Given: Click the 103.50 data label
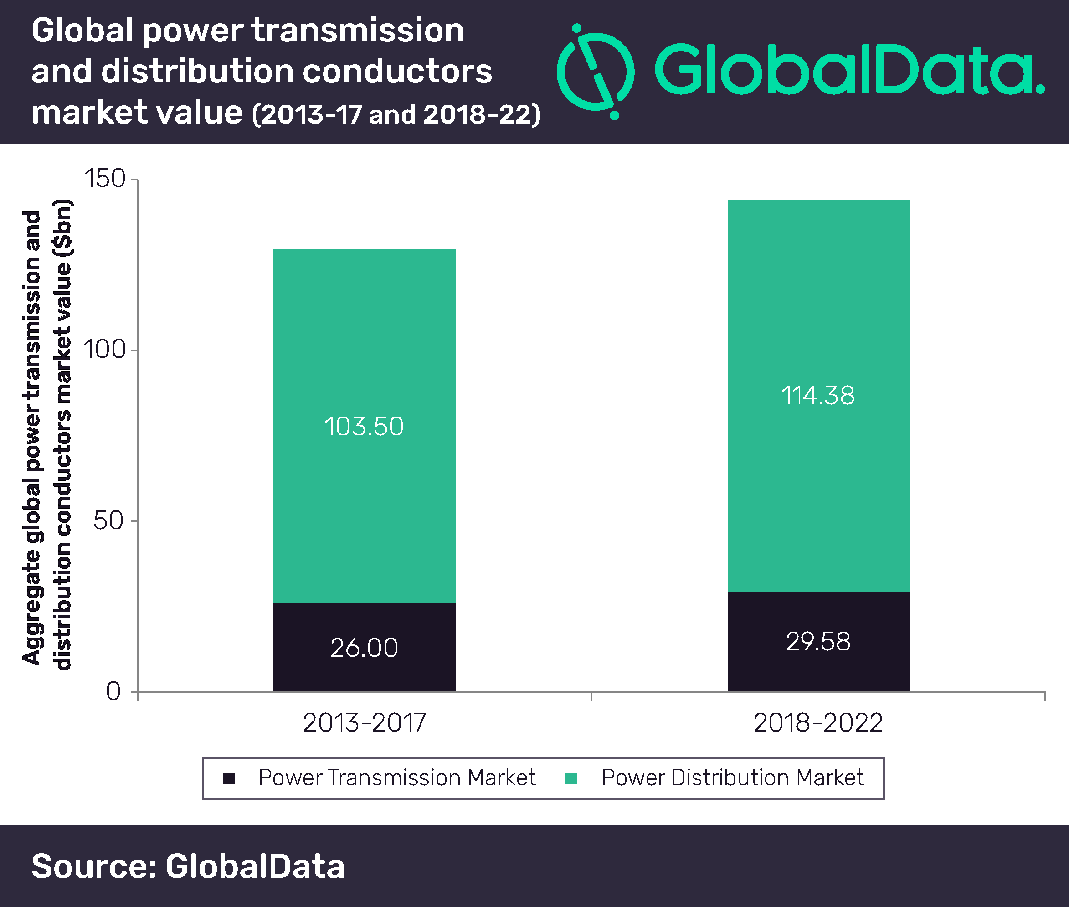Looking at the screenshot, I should point(364,426).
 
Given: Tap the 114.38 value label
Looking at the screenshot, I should point(818,396).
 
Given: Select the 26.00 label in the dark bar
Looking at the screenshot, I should point(364,647).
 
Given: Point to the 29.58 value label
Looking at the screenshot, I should point(818,641).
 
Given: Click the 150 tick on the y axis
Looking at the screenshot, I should point(104,179).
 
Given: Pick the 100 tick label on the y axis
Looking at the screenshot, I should point(104,350).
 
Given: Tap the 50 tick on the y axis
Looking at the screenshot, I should point(108,521).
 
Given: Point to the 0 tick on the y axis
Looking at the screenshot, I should point(113,691).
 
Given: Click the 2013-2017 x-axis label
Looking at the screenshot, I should point(364,722).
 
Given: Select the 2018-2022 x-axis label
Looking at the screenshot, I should point(818,722).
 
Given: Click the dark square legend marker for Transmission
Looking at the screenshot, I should point(229,778).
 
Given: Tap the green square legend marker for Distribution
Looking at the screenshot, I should point(571,778).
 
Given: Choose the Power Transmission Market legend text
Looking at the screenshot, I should point(397,778).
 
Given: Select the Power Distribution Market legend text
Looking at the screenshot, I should point(732,778).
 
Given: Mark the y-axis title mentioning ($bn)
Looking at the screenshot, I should point(47,434).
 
